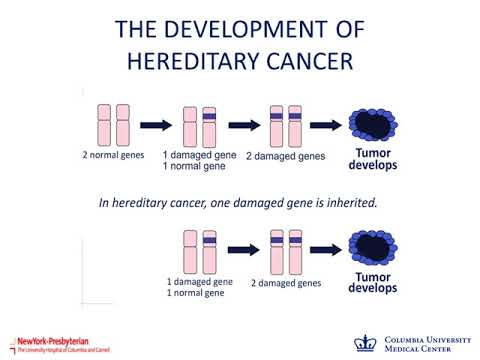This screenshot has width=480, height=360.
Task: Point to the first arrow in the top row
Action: pyautogui.click(x=154, y=126)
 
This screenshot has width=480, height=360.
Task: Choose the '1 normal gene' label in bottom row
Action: pyautogui.click(x=196, y=293)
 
